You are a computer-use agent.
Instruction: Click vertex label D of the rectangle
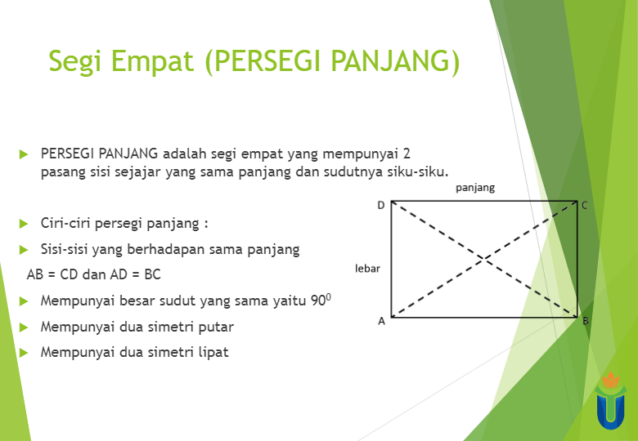pyautogui.click(x=380, y=205)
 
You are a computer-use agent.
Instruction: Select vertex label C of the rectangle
pyautogui.click(x=585, y=205)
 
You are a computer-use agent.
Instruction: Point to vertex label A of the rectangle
pyautogui.click(x=381, y=321)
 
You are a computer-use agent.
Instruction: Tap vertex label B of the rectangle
pyautogui.click(x=586, y=321)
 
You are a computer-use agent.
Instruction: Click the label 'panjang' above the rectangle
pyautogui.click(x=475, y=188)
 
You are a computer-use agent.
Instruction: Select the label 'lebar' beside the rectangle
pyautogui.click(x=367, y=268)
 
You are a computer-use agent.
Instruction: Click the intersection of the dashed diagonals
pyautogui.click(x=485, y=259)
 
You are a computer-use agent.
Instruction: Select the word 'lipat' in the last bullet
pyautogui.click(x=212, y=353)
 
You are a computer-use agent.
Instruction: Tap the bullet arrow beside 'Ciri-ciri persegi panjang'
pyautogui.click(x=24, y=223)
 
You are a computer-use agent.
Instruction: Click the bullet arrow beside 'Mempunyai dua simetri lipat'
pyautogui.click(x=24, y=353)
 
